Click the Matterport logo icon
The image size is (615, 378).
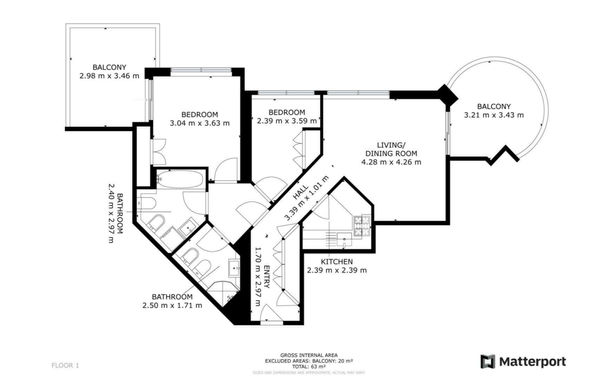pyautogui.click(x=488, y=361)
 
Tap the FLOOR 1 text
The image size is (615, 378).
pyautogui.click(x=65, y=365)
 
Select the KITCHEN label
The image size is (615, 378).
pyautogui.click(x=337, y=262)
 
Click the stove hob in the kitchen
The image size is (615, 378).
pyautogui.click(x=362, y=224)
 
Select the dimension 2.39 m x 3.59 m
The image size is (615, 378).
pyautogui.click(x=287, y=121)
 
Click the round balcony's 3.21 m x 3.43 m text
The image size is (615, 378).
pyautogui.click(x=494, y=115)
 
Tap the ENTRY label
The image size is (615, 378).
pyautogui.click(x=267, y=276)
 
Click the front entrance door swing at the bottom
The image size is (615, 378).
pyautogui.click(x=271, y=315)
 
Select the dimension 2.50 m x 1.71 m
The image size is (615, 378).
pyautogui.click(x=172, y=305)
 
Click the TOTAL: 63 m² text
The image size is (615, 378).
pyautogui.click(x=309, y=366)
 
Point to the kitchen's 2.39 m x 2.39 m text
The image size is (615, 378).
pyautogui.click(x=337, y=271)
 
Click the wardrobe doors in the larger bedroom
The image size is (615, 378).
pyautogui.click(x=158, y=149)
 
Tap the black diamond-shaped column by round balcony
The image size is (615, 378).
pyautogui.click(x=447, y=95)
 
